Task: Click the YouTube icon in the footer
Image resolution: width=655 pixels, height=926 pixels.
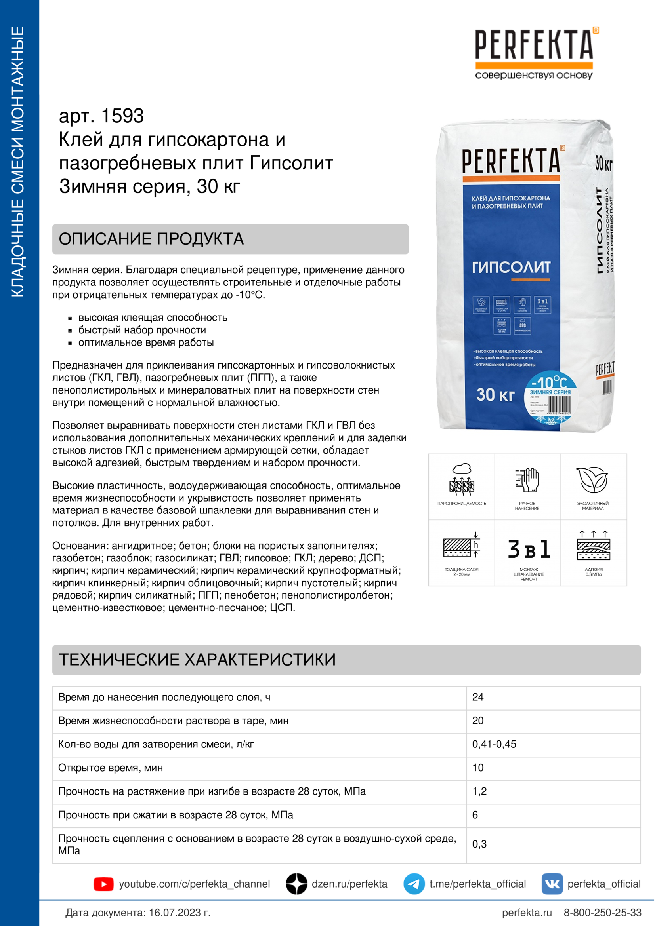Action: (x=103, y=884)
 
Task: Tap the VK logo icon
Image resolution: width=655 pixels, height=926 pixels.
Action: (x=552, y=884)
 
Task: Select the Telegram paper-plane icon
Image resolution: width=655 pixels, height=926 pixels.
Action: (x=414, y=884)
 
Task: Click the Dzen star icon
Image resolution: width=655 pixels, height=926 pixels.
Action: (x=297, y=884)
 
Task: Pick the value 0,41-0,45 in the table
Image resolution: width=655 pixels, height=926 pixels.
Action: (x=494, y=744)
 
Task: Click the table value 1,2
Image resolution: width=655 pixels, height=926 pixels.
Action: (x=479, y=791)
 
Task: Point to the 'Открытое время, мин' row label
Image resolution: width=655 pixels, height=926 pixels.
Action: (x=111, y=768)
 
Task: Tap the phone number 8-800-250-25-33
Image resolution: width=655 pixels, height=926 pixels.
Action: (x=602, y=913)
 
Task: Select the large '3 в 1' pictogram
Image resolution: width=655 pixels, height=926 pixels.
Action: (x=528, y=550)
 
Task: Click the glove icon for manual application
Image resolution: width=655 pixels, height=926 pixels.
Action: (x=527, y=480)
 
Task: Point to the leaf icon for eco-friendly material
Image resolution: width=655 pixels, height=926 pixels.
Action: (x=592, y=480)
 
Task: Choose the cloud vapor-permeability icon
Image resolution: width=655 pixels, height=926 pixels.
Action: (x=462, y=480)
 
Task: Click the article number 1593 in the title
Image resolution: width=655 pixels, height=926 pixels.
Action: (x=122, y=116)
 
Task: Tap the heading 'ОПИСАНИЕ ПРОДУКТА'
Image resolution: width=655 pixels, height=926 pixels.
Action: (x=151, y=239)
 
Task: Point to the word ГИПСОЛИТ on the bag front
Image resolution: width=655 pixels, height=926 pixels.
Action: (x=511, y=267)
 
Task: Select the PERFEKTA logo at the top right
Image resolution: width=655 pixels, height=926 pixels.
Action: (x=534, y=52)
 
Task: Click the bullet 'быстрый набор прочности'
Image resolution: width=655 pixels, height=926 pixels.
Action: (x=142, y=330)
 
